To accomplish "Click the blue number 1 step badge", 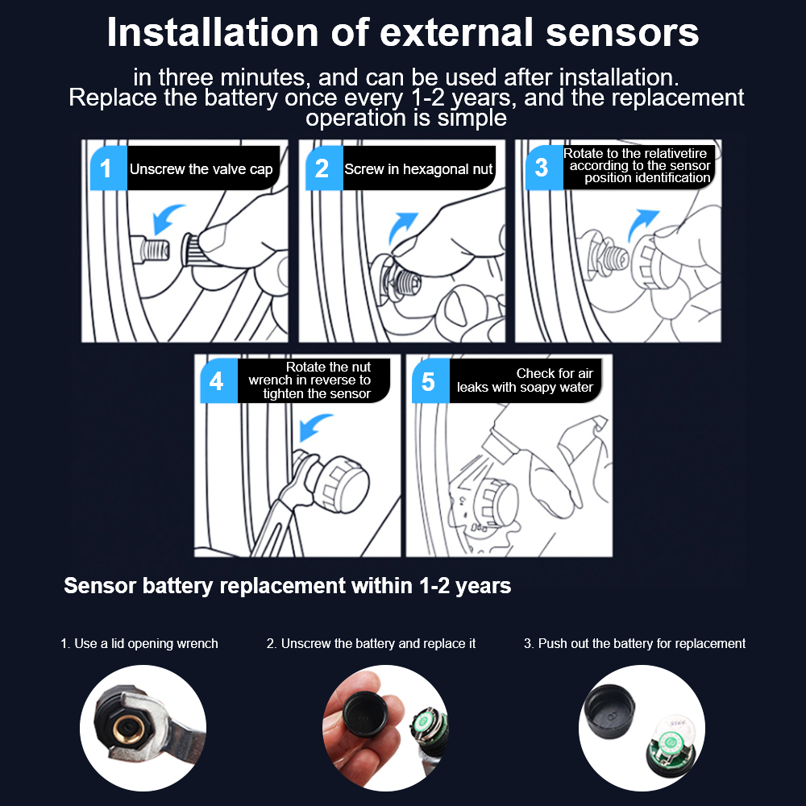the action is pos(109,168).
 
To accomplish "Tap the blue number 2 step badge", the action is pos(324,168).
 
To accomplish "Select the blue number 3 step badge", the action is pos(544,168).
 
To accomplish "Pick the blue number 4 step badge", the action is pos(219,381).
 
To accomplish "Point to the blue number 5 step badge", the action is pos(430,381).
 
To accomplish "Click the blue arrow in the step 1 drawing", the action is pos(167,218).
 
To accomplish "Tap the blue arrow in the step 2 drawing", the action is pos(402,226).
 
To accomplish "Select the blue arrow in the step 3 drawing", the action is pos(642,225).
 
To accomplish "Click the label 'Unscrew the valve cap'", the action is pos(201,169).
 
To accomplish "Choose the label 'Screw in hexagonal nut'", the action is pos(418,169).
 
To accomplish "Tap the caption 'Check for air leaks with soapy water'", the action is pos(525,380).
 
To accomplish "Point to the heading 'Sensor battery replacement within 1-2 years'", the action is pos(288,585).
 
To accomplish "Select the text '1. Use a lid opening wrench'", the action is pos(139,643).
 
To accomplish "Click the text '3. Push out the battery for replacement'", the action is pos(634,643).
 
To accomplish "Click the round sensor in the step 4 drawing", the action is pos(341,484).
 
